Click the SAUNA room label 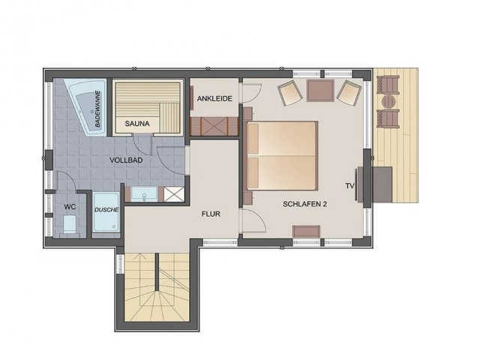coord(137,124)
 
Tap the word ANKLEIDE coord(214,98)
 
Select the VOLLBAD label coord(126,160)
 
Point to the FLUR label coord(211,214)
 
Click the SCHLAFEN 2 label coord(305,204)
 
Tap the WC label coord(70,207)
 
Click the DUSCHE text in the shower coord(106,210)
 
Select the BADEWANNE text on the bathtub coord(97,109)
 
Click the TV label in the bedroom coord(350,186)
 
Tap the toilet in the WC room coord(70,224)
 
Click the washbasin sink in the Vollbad coord(144,194)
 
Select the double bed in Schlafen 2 coord(282,156)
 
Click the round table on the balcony coord(388,102)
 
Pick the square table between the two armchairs coord(320,91)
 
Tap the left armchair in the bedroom coord(290,92)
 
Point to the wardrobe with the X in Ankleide coord(214,126)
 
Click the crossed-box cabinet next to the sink coord(174,194)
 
